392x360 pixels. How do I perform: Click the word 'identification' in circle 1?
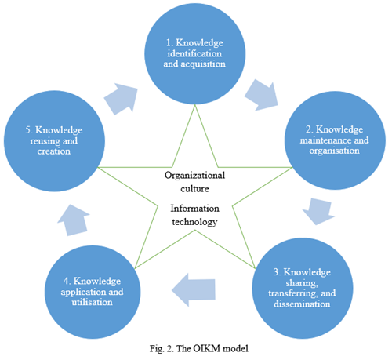[x=194, y=53]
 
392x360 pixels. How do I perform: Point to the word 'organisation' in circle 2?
[x=334, y=151]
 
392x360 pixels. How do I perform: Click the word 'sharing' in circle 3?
[x=302, y=283]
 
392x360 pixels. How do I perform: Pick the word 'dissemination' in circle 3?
[x=302, y=304]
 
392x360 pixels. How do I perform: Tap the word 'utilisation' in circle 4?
[x=92, y=302]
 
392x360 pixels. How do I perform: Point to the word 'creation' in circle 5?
[x=53, y=151]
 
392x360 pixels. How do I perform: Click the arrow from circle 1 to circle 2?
[x=262, y=96]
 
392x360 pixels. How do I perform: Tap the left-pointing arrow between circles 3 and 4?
[x=194, y=289]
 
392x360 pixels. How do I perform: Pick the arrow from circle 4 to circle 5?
[x=74, y=220]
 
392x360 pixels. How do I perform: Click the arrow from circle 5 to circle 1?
[x=122, y=99]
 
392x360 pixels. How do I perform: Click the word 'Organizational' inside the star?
[x=194, y=176]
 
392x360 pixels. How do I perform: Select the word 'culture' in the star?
[x=194, y=189]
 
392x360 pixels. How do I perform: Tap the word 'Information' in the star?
[x=194, y=209]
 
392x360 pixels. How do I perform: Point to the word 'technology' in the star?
[x=194, y=222]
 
